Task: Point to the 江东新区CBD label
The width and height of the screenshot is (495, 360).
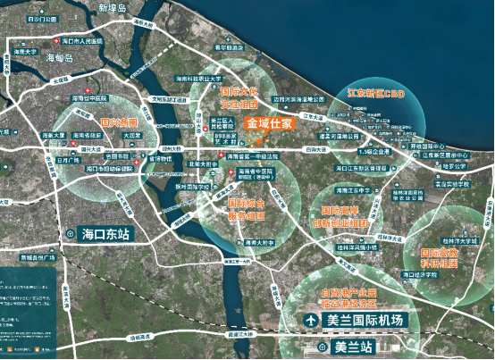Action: point(376,93)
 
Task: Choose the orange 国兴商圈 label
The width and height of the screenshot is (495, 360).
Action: point(118,121)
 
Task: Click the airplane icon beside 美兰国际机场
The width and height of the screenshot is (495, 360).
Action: point(309,320)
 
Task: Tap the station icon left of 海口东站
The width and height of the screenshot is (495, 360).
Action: point(69,235)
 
